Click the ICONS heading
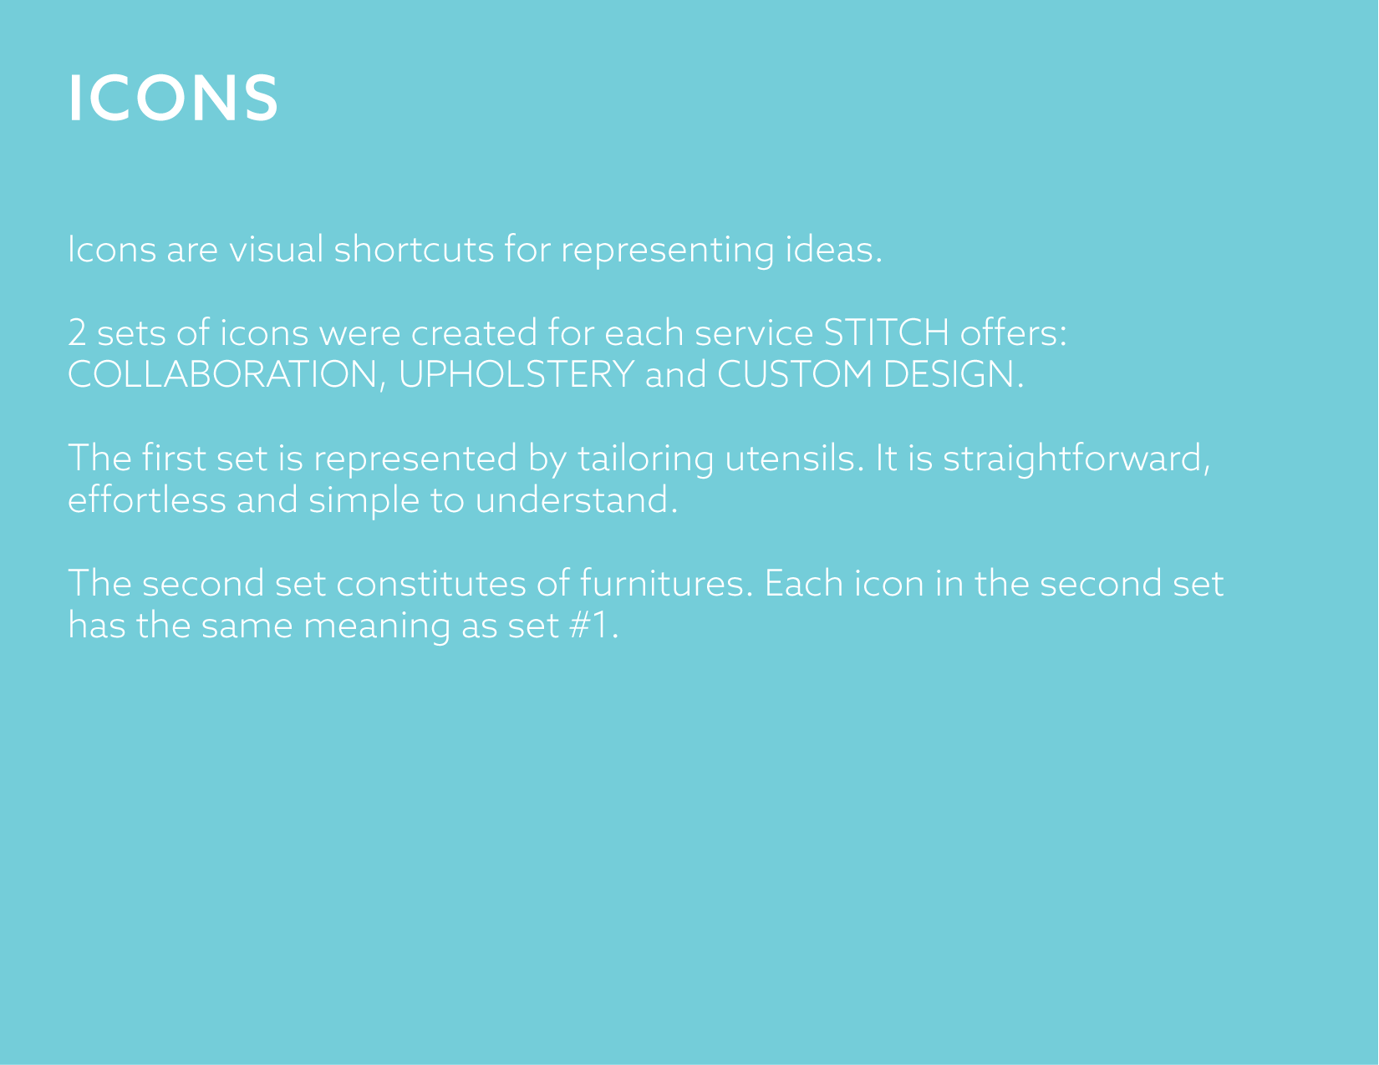coord(173,98)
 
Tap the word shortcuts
coord(414,249)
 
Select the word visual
coord(276,249)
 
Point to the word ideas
coord(834,249)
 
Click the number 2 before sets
coord(77,333)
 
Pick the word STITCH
coord(887,332)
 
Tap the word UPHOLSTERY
coord(516,374)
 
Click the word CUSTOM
coord(795,374)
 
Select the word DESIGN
coord(953,374)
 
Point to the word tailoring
coord(645,459)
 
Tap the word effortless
coord(146,500)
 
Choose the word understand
coord(576,500)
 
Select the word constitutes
coord(431,584)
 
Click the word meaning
coord(377,626)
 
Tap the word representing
coord(667,249)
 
